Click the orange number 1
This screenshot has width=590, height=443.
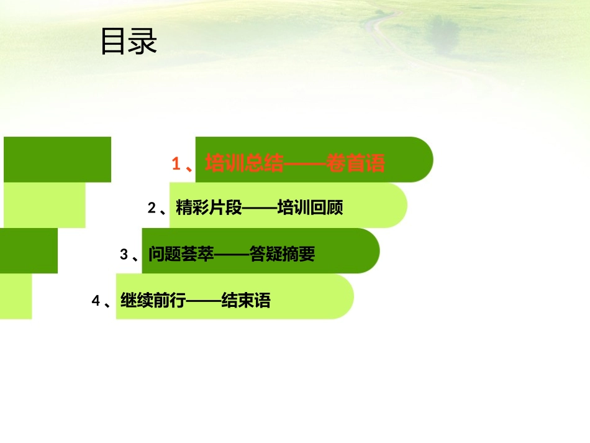tap(176, 163)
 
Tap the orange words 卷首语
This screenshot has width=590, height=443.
tap(356, 163)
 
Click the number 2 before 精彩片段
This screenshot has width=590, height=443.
tap(152, 209)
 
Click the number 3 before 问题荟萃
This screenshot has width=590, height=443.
tap(124, 254)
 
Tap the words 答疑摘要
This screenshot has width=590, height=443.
tap(283, 254)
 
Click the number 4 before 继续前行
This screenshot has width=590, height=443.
tap(96, 301)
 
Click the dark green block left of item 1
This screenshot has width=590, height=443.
tap(57, 160)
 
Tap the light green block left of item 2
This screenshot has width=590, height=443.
tap(44, 205)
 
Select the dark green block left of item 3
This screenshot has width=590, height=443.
tap(29, 250)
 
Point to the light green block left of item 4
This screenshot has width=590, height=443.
tap(16, 296)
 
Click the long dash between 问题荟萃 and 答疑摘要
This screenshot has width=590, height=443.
tap(232, 254)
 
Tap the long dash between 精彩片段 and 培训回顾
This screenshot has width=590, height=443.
tap(259, 209)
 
